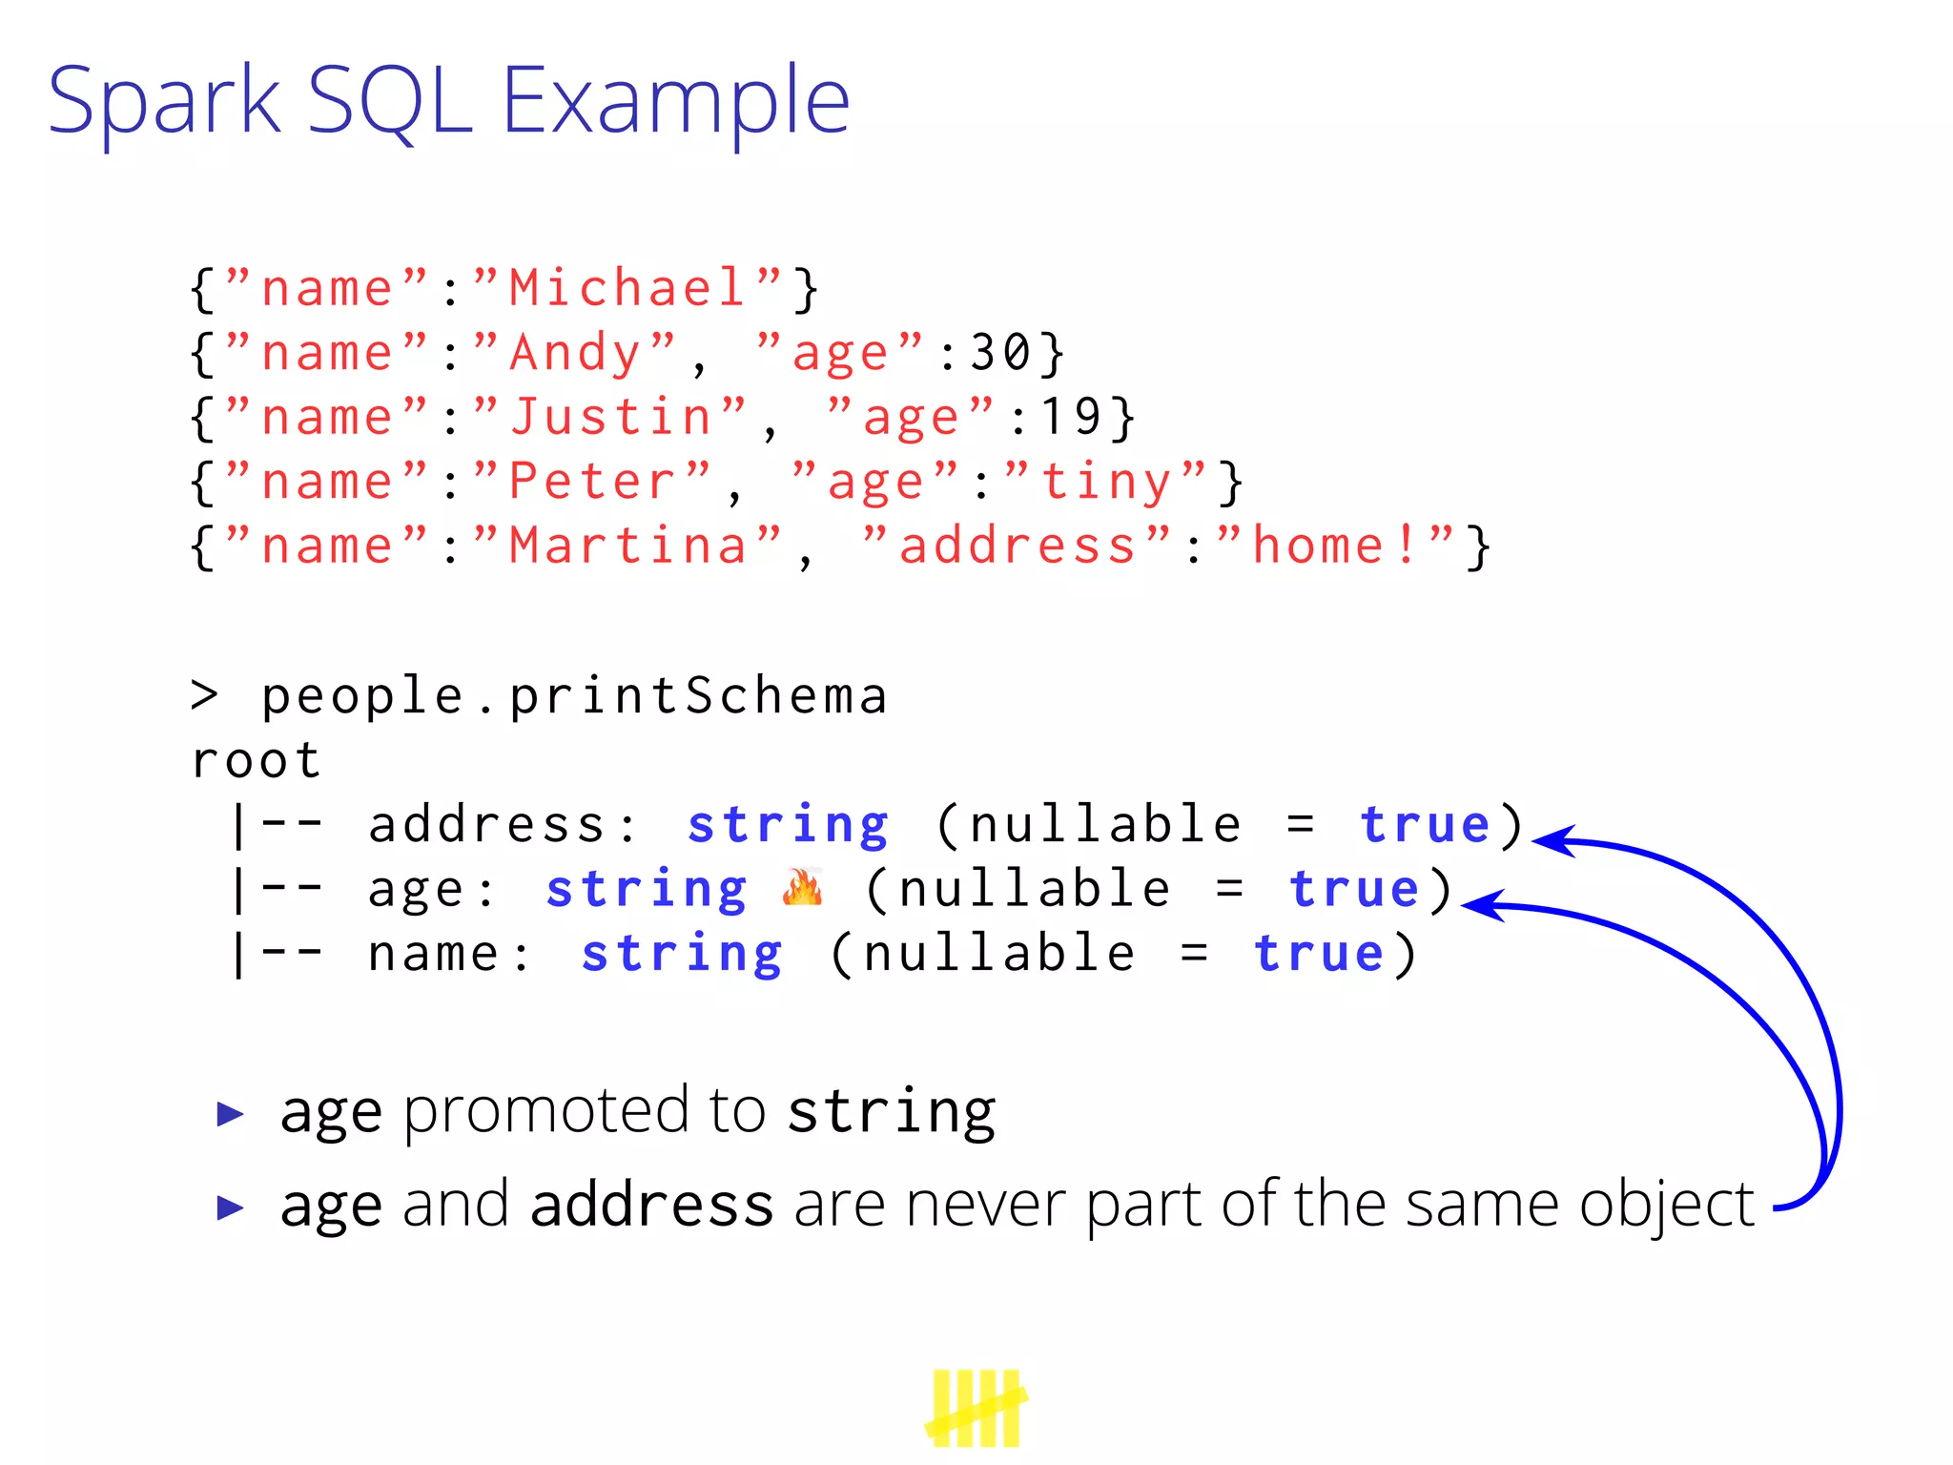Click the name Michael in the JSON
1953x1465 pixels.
click(x=627, y=288)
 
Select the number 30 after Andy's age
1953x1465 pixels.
click(x=1001, y=353)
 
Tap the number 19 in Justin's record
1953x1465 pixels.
click(x=1072, y=417)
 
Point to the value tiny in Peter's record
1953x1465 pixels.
click(x=1106, y=482)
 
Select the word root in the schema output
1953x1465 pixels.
click(x=256, y=761)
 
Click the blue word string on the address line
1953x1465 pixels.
click(x=788, y=826)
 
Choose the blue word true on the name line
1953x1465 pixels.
click(x=1318, y=955)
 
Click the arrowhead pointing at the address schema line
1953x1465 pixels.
click(x=1550, y=840)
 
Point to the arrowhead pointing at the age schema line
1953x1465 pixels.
click(x=1480, y=905)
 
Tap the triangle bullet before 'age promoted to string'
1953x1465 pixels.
click(x=230, y=1113)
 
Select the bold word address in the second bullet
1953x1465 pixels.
click(x=651, y=1205)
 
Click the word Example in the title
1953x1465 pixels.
click(x=675, y=100)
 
